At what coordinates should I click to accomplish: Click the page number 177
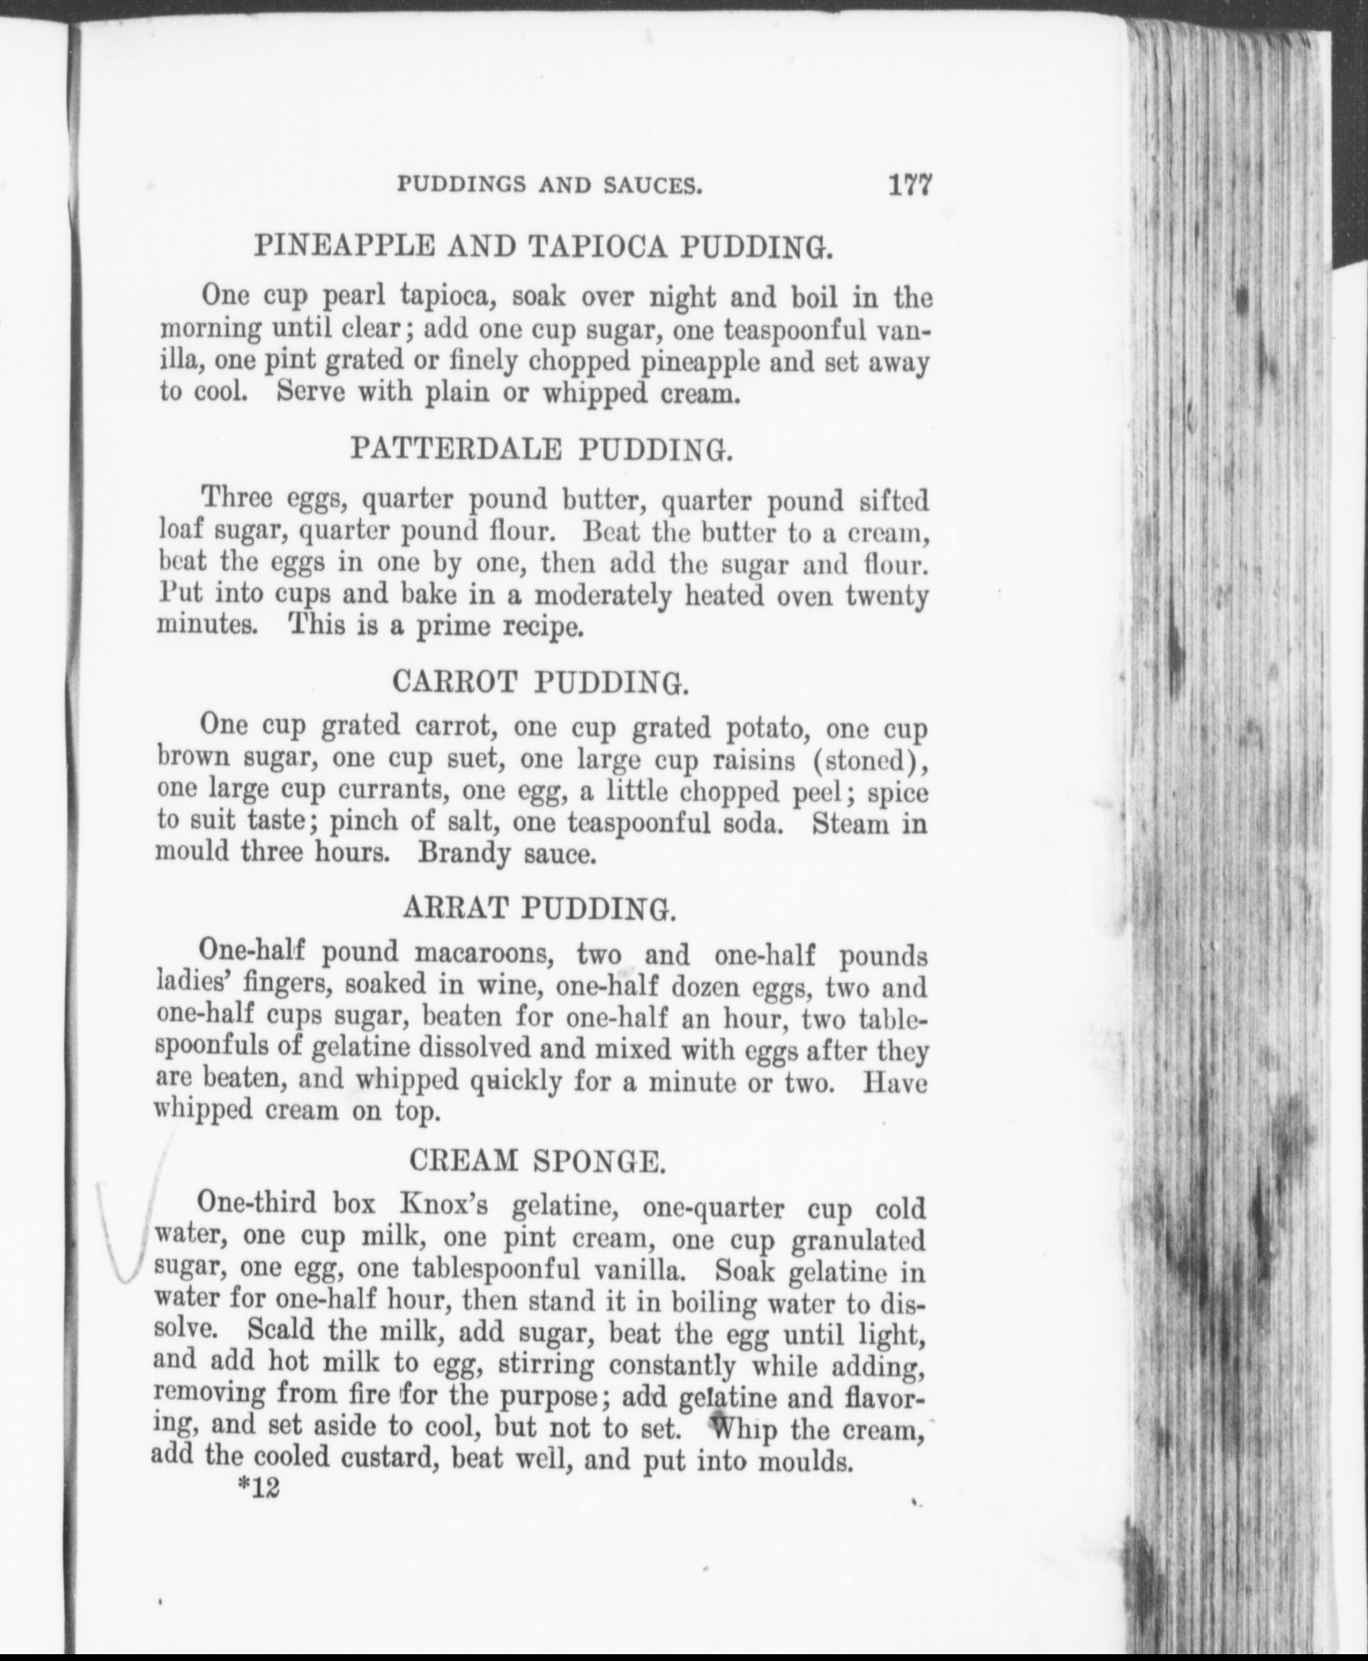(x=909, y=185)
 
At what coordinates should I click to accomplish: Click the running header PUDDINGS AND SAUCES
(x=550, y=186)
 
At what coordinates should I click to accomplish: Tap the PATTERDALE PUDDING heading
(x=541, y=449)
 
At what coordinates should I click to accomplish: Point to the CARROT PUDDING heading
(x=539, y=682)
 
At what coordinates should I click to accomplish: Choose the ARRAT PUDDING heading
(x=539, y=910)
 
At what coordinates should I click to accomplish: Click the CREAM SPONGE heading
(x=536, y=1161)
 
